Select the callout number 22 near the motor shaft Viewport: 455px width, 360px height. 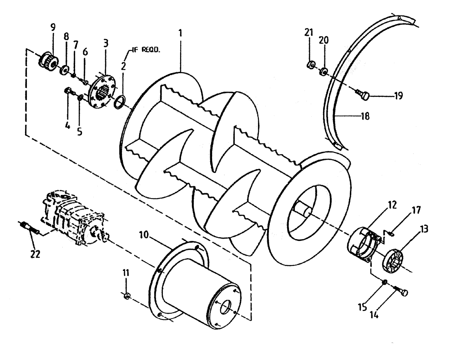click(x=35, y=254)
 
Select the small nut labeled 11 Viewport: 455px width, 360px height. click(x=127, y=297)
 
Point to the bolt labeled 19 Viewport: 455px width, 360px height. click(x=364, y=95)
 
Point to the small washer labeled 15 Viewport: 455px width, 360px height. click(x=385, y=282)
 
